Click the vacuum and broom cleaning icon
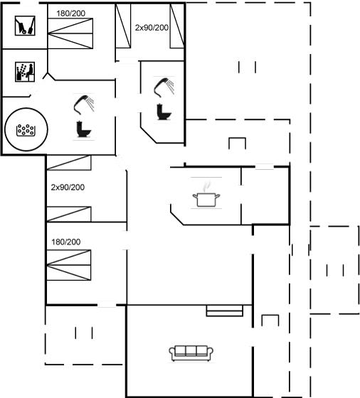point(25,26)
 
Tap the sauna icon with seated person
point(25,72)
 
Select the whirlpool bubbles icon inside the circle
point(25,130)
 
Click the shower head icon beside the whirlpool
point(84,104)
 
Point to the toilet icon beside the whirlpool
point(83,129)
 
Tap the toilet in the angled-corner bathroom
point(164,112)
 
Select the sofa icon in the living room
point(191,353)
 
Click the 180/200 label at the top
point(70,14)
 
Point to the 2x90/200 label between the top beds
point(152,28)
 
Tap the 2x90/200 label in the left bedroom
point(68,188)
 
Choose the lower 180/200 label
point(66,242)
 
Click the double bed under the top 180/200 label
point(70,33)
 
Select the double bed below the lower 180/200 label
point(68,265)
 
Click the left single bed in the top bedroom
point(123,26)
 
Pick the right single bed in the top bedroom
point(177,26)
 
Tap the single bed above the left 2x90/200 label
point(69,163)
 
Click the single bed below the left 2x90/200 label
point(69,214)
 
